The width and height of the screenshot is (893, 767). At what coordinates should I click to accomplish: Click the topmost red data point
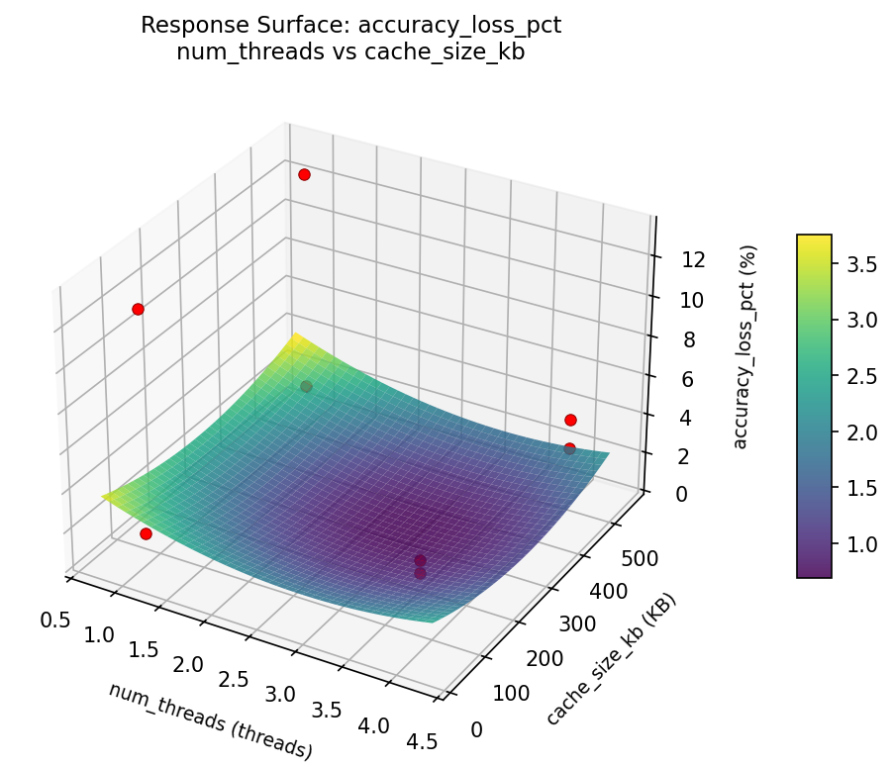coord(304,174)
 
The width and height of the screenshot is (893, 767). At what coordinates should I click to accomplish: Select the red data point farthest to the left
coord(138,309)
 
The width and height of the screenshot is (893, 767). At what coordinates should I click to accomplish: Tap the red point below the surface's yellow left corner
coord(146,533)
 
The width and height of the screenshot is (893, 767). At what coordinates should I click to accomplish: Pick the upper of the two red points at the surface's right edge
coord(570,420)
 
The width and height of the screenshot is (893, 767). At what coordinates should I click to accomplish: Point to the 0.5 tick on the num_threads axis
coord(55,620)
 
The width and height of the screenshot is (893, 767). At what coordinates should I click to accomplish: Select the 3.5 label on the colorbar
coord(863,264)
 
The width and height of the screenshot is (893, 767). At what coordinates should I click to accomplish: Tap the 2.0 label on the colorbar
coord(863,431)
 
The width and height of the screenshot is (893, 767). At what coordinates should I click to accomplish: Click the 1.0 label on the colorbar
coord(863,543)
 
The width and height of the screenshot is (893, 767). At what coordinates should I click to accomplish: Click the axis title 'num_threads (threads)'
coord(210,721)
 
